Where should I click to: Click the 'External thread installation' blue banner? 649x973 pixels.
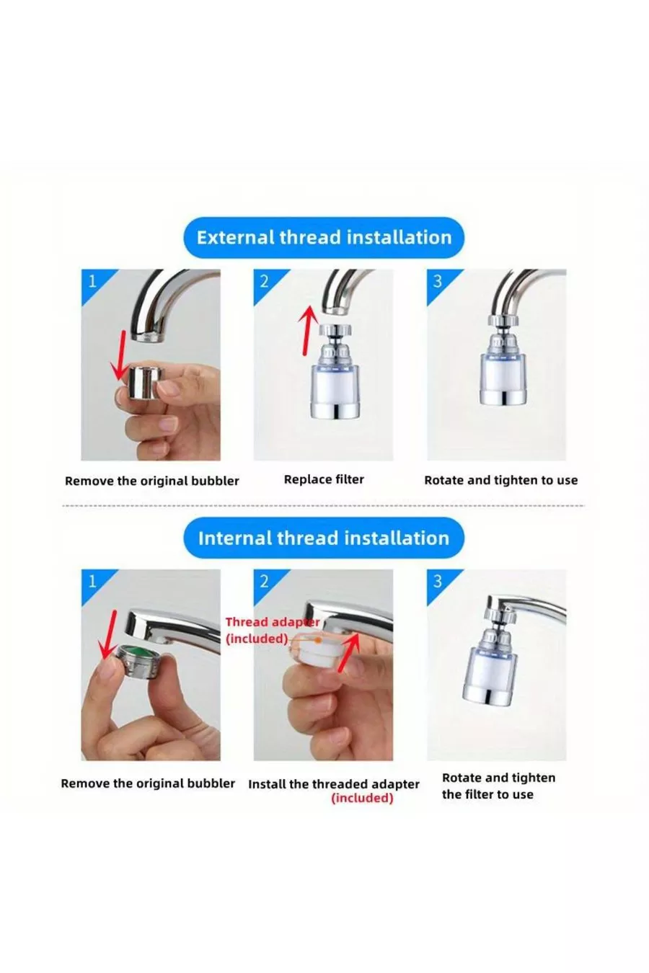(324, 238)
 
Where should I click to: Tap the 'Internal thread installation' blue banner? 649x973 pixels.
(324, 538)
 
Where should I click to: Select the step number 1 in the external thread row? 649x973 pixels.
(92, 282)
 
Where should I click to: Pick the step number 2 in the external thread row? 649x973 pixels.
(264, 282)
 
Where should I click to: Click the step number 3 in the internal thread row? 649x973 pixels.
(437, 582)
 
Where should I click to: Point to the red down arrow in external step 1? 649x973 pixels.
(118, 355)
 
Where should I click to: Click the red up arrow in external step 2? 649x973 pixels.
(307, 329)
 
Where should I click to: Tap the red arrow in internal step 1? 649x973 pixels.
(107, 634)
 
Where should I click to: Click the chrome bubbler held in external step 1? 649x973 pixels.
(146, 382)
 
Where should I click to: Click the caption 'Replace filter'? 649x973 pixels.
(324, 479)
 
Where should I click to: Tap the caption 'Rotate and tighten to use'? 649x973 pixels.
(500, 481)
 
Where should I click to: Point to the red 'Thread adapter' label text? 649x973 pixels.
(273, 622)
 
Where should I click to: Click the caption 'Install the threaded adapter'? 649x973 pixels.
(334, 784)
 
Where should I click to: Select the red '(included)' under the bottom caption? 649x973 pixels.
(362, 798)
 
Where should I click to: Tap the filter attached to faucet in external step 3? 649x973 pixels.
(503, 360)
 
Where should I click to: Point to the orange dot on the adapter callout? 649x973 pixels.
(318, 640)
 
